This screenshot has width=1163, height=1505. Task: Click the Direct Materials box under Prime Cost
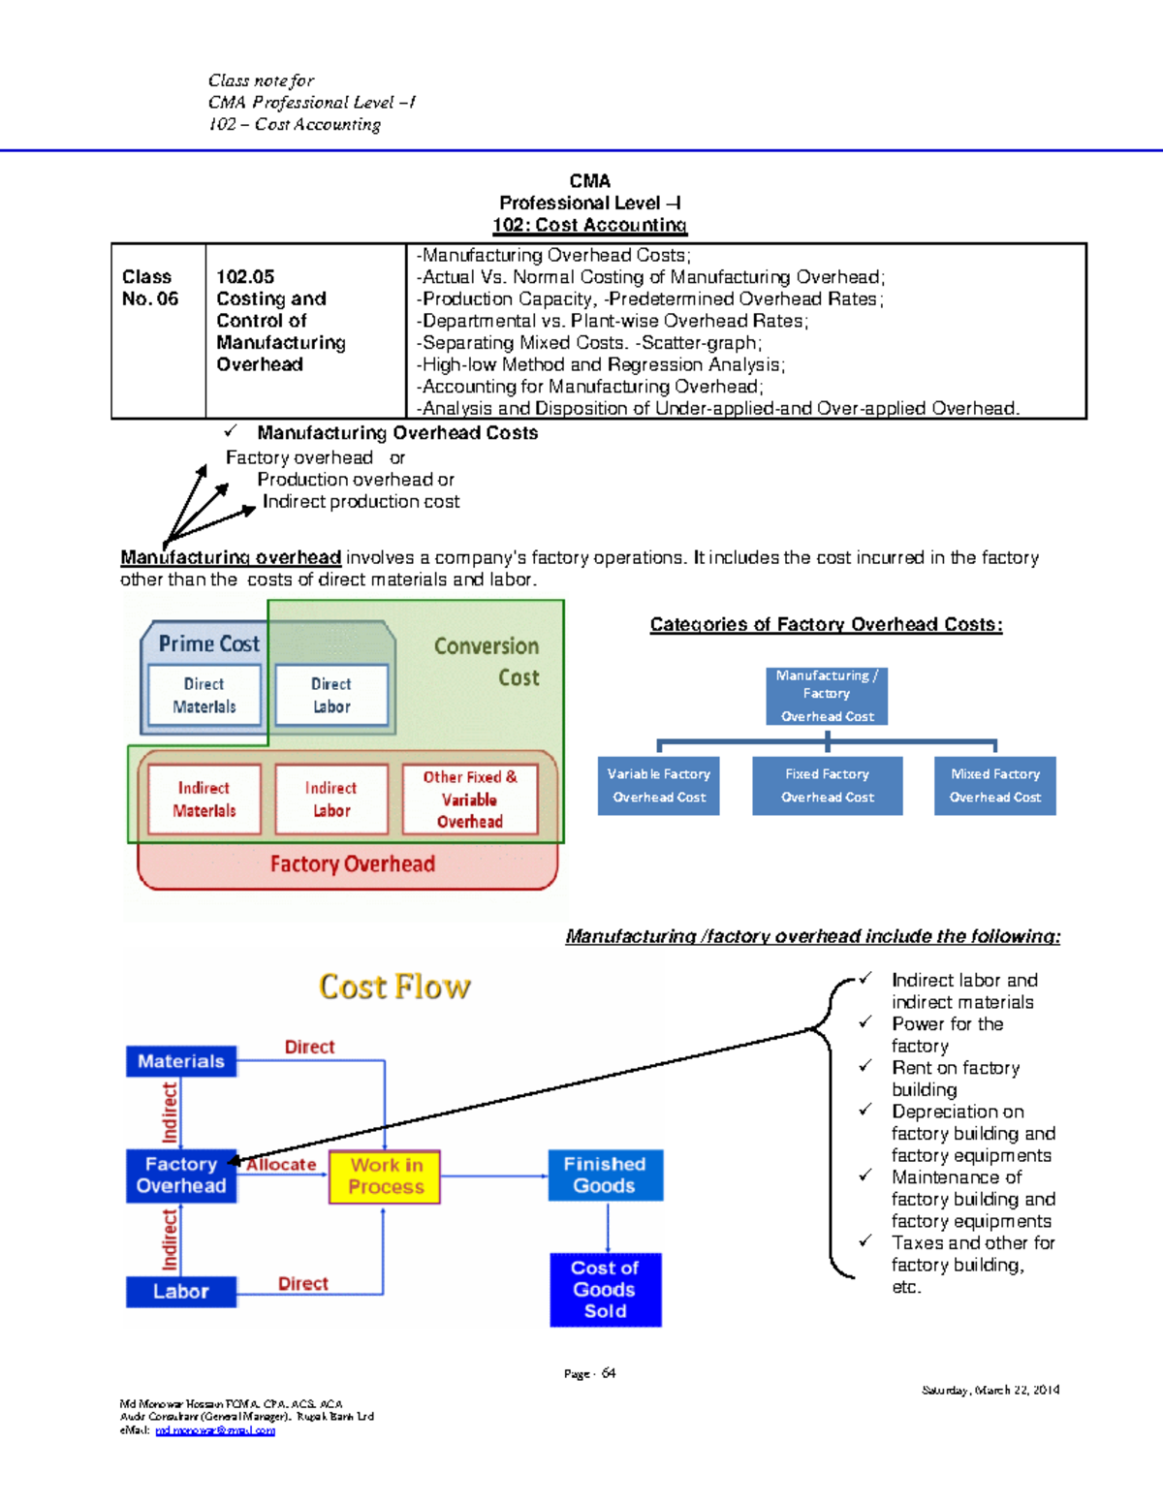coord(204,695)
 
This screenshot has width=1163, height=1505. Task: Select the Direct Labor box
coord(331,695)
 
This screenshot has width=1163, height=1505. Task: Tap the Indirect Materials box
coord(204,800)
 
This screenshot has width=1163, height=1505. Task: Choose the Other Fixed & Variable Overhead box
coord(469,800)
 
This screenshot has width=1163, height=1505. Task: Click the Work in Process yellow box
coord(386,1176)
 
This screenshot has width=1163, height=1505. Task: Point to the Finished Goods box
coord(605,1175)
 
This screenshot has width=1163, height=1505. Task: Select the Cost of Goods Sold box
coord(605,1290)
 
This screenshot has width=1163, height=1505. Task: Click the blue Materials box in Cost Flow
coord(181,1061)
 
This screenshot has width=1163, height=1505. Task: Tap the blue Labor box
coord(181,1292)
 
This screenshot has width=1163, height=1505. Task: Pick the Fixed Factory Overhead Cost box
coord(827,786)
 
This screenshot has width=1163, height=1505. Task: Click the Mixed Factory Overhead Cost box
coord(994,786)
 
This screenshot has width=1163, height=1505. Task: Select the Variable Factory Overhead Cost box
coord(659,786)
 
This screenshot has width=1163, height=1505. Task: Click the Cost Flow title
coord(394,987)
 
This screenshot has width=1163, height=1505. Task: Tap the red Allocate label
coord(281,1165)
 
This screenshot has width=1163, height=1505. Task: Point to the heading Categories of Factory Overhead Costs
coord(826,625)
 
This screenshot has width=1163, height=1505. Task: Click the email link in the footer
coord(215,1430)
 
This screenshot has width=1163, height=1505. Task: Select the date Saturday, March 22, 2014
coord(990,1390)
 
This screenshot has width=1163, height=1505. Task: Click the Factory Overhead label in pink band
coord(352,864)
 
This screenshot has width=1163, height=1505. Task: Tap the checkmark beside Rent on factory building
coord(865,1066)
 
